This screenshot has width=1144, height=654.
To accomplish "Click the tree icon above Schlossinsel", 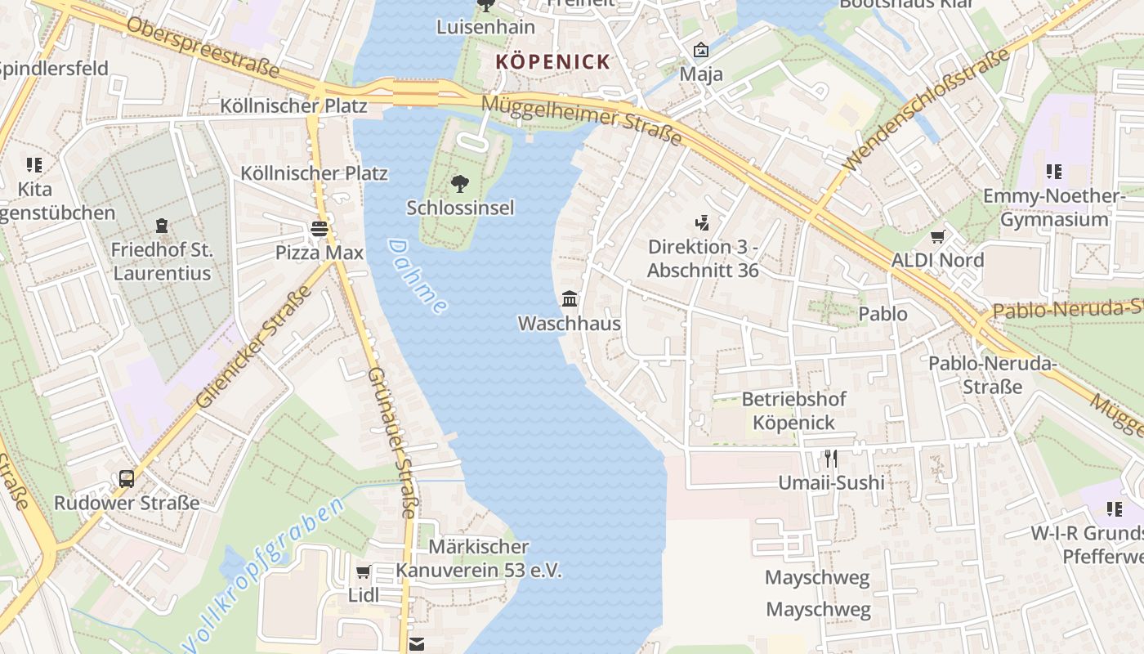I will point(460,183).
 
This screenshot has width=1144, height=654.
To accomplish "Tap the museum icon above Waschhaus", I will point(570,299).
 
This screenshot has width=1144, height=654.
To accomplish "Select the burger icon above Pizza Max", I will point(319,228).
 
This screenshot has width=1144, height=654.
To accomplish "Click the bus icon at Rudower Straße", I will point(127,478).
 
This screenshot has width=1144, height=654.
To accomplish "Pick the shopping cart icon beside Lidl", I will point(364,571).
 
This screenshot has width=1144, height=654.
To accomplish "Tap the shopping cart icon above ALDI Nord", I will point(937,237).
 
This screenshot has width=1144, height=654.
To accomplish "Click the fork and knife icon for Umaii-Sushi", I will point(831,458).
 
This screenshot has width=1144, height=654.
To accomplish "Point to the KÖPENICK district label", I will point(553,61).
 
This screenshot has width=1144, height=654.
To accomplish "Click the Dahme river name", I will point(418,276).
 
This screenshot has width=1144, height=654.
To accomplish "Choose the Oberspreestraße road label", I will point(203,45).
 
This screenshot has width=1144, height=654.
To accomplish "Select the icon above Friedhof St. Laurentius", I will point(162,225).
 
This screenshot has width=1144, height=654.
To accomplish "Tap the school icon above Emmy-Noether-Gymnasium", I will point(1054,172).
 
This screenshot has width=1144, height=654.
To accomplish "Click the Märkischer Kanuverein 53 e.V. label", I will point(479,558).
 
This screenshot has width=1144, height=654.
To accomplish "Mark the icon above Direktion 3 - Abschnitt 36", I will point(702,222).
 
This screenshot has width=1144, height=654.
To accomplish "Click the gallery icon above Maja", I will point(700,51).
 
